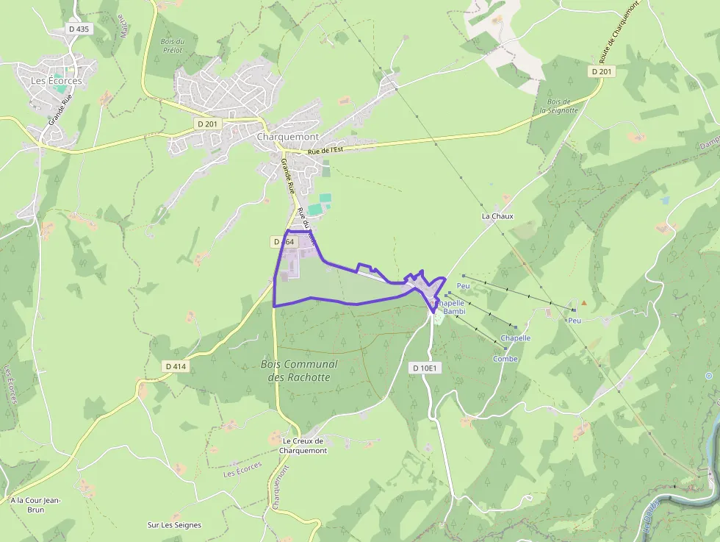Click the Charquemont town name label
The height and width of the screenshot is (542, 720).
288,137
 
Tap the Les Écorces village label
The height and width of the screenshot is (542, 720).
57,81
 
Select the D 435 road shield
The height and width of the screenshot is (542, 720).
79,29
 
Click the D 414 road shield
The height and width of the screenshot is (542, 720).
177,366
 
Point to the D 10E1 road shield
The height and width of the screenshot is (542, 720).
425,368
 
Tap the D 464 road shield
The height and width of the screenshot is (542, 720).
284,241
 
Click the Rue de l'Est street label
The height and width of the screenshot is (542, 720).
325,150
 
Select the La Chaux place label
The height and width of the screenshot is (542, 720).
497,216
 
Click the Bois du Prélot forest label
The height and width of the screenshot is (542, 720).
173,46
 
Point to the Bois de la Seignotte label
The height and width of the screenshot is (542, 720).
558,106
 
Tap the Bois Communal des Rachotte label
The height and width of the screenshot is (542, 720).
299,371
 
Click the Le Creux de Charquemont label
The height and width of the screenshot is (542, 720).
302,446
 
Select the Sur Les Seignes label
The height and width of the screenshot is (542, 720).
174,525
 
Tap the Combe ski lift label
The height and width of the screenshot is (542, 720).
505,359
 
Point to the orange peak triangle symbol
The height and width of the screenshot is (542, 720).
584,302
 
